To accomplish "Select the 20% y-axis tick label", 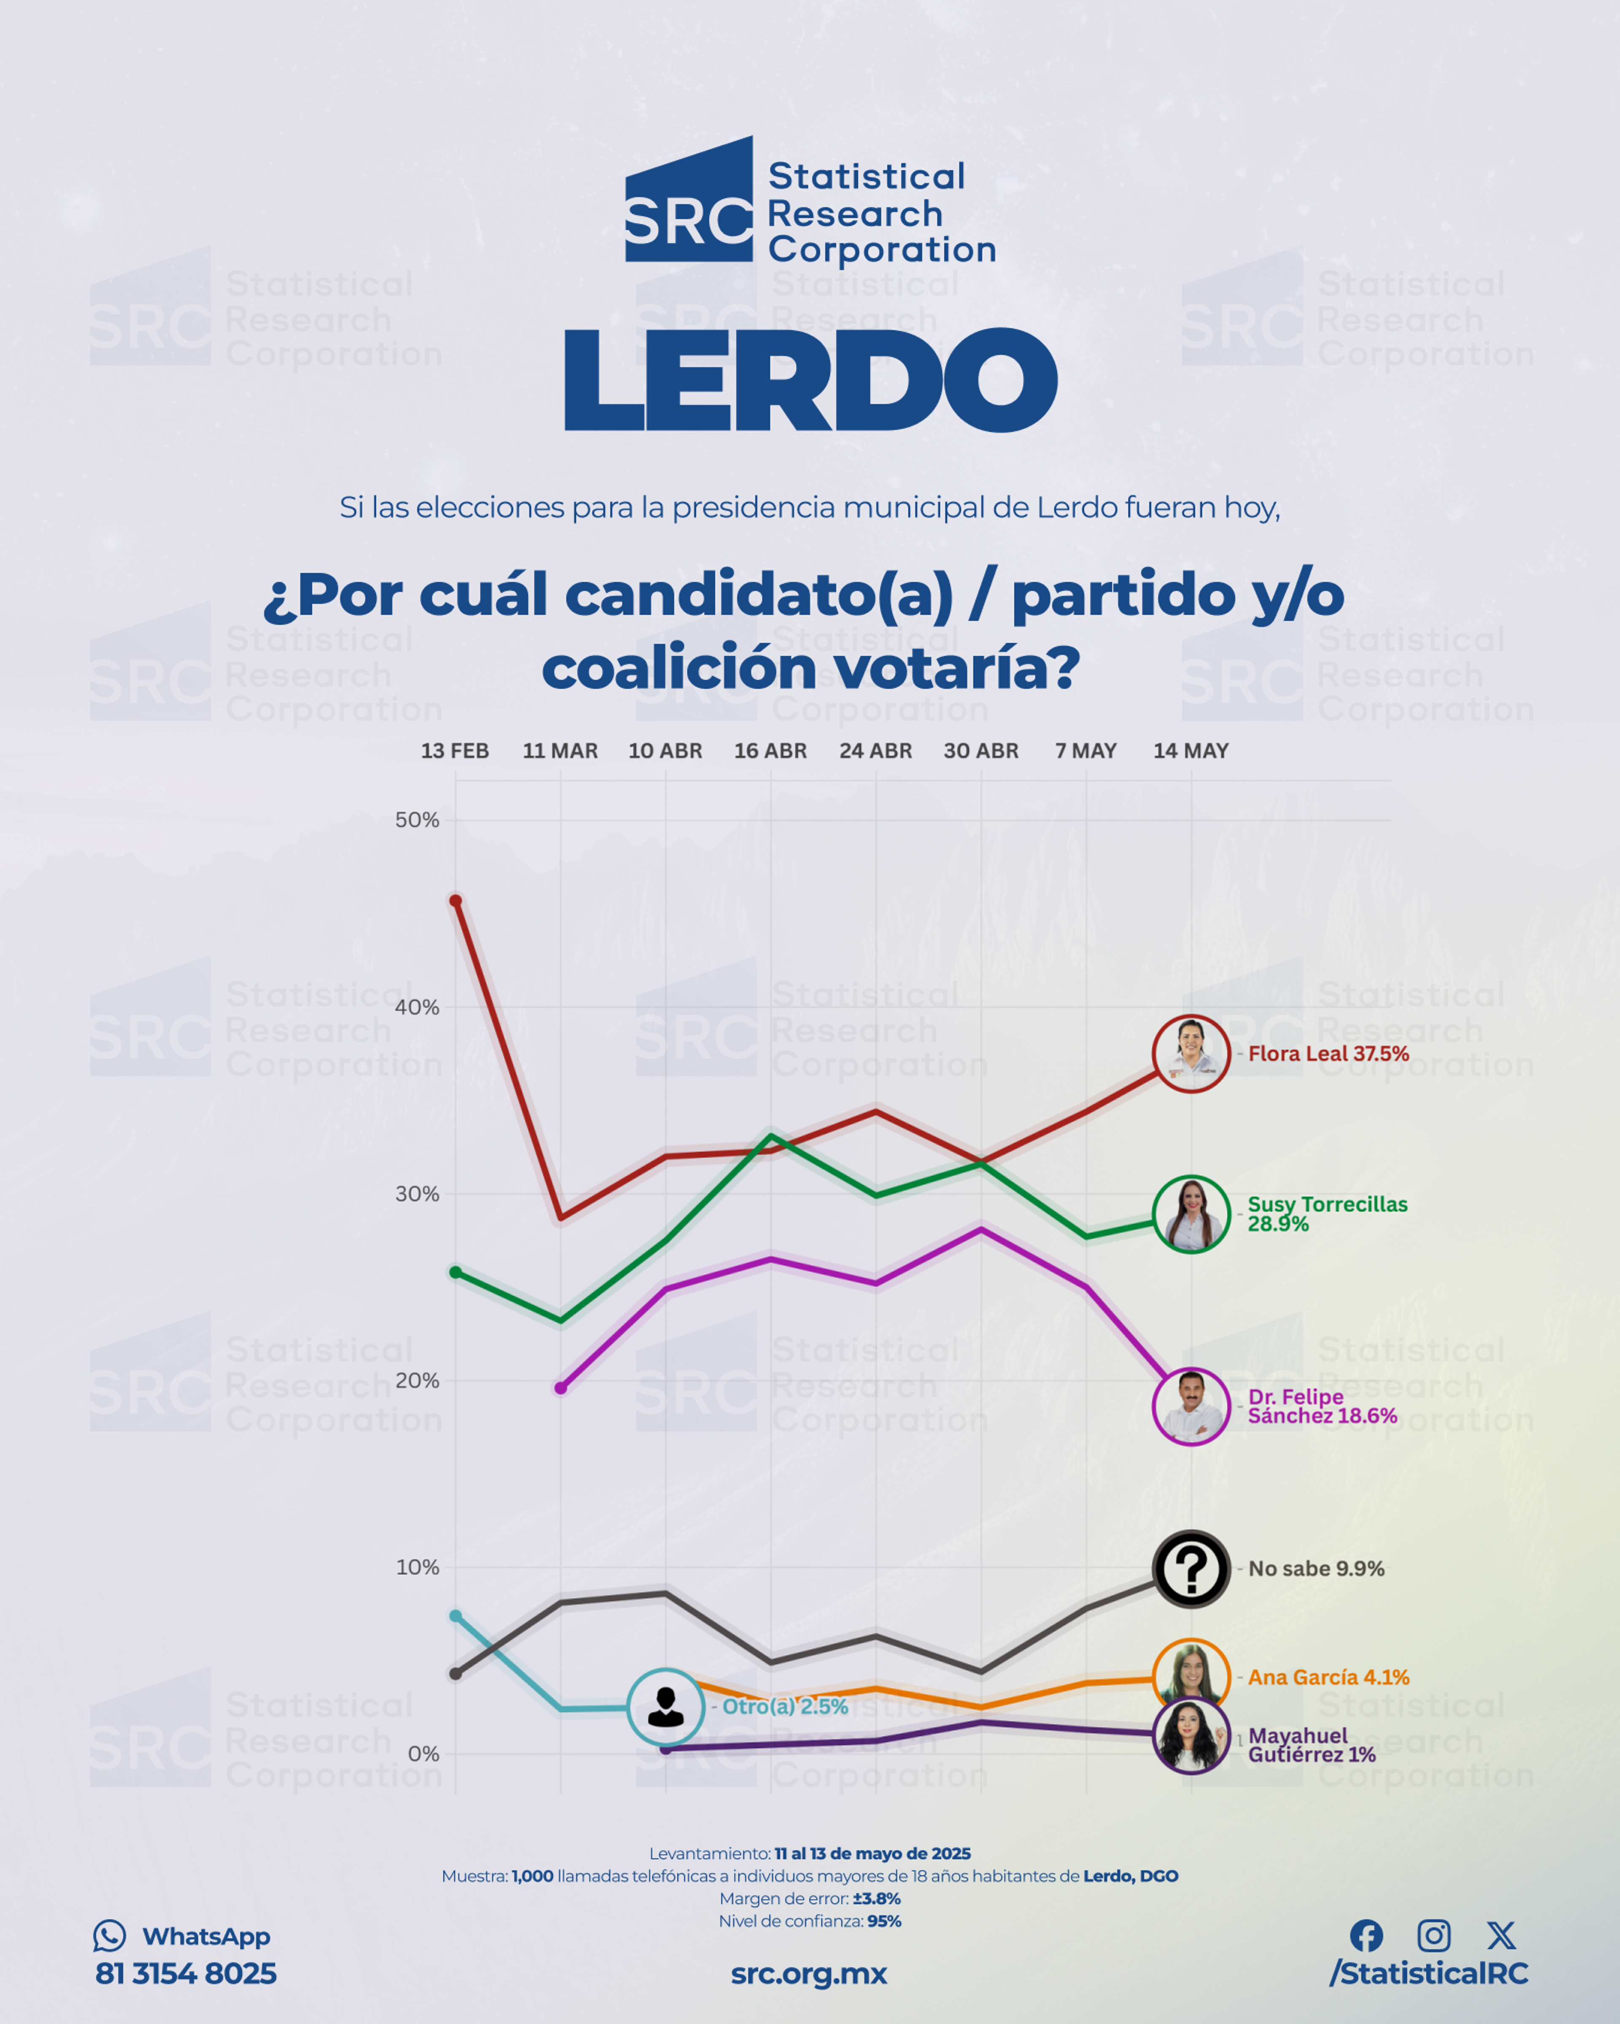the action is pos(417,1381).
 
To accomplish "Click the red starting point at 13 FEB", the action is pos(456,901).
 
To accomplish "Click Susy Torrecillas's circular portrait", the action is pos(1191,1215).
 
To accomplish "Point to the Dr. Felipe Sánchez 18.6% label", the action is pos(1322,1406).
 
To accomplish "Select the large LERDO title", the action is pos(810,379).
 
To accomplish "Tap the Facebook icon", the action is pos(1366,1936).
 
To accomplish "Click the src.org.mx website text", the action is pos(809,1974).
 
